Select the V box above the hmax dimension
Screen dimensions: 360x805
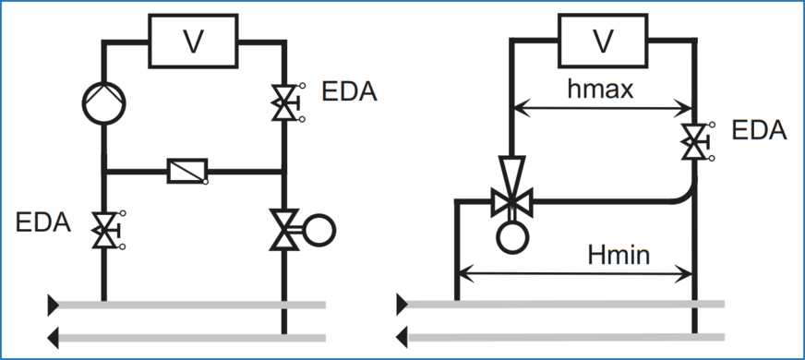602,42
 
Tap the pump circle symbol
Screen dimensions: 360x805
104,102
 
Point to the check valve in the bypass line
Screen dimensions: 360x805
187,171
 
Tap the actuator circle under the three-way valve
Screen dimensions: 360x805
510,235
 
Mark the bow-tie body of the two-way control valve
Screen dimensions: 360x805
282,227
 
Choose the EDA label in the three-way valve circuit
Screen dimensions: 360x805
758,131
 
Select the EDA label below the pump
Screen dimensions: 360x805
43,222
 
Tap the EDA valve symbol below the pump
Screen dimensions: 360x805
104,228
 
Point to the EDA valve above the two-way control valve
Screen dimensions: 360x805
282,102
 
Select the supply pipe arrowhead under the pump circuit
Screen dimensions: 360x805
54,303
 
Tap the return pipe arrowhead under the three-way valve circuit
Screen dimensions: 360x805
402,335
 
